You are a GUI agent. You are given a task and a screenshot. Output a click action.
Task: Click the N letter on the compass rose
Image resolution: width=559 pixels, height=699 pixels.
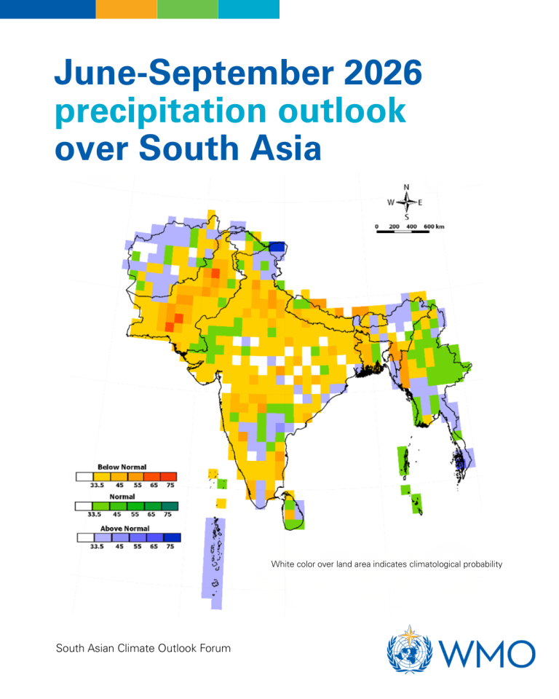click(x=405, y=186)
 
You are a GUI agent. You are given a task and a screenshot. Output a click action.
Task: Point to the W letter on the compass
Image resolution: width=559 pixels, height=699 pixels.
click(x=390, y=202)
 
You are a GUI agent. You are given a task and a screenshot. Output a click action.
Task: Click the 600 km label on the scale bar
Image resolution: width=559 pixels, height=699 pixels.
click(x=434, y=226)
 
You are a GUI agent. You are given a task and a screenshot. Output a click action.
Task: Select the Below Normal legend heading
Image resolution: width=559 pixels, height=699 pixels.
click(x=122, y=467)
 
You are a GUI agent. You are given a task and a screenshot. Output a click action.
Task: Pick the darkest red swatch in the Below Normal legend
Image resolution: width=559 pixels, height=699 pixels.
click(x=168, y=476)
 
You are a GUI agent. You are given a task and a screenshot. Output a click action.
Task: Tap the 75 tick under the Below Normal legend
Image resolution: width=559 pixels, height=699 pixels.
click(x=170, y=485)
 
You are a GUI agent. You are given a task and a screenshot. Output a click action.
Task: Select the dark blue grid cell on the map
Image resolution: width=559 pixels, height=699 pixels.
click(x=277, y=248)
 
